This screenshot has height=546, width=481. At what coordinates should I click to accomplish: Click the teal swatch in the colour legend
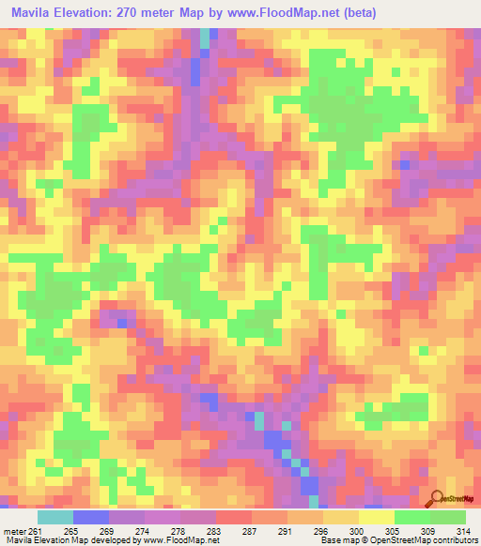55,516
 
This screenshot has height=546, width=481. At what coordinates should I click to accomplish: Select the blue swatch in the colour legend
91,516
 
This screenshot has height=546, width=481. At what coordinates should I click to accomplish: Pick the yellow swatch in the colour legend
377,516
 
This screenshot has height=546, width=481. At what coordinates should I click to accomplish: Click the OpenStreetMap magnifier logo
437,500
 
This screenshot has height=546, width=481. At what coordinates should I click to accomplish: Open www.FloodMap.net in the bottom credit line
179,539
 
